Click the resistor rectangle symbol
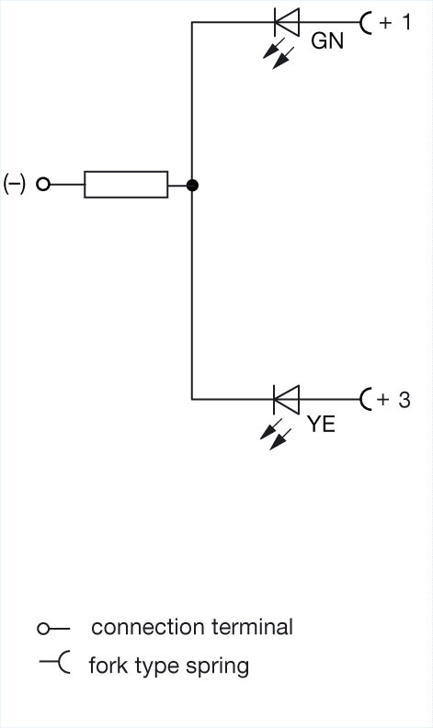click(x=126, y=185)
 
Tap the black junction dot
click(x=192, y=186)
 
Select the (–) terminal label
click(x=14, y=184)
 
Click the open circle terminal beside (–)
click(x=43, y=185)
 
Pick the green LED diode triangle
click(x=287, y=22)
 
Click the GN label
click(x=327, y=40)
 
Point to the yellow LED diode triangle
click(x=287, y=399)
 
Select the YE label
click(x=321, y=424)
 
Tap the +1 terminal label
click(x=395, y=22)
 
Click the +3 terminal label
click(x=393, y=400)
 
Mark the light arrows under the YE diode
click(x=276, y=434)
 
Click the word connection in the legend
click(x=148, y=627)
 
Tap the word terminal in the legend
click(x=252, y=627)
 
